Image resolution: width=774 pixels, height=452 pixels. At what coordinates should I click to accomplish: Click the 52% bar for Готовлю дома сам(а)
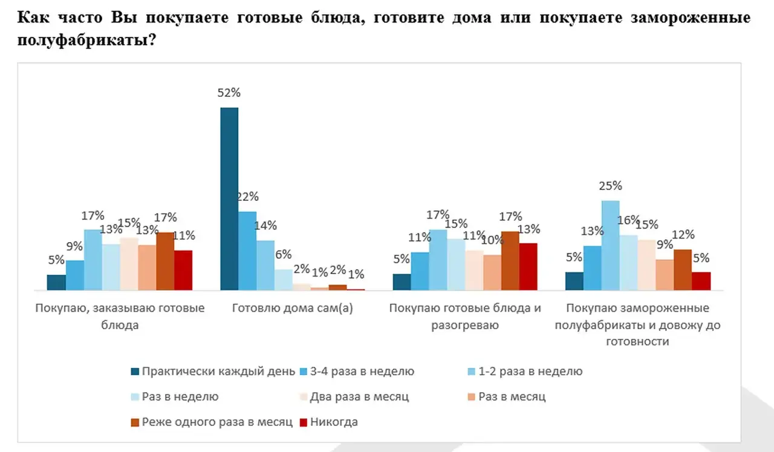229,200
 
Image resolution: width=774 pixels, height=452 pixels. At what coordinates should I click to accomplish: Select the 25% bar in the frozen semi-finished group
610,246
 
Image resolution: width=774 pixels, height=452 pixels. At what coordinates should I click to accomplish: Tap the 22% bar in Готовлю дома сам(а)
247,251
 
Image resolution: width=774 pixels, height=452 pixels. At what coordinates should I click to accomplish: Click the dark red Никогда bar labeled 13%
528,267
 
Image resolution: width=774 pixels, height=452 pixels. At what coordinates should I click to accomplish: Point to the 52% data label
229,93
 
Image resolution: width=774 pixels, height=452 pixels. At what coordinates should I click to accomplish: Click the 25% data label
610,186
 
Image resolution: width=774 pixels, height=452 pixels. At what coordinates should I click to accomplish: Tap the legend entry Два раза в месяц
360,397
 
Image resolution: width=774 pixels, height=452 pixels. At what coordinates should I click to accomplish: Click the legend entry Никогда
333,422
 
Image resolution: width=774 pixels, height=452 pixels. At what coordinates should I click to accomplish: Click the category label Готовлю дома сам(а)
292,309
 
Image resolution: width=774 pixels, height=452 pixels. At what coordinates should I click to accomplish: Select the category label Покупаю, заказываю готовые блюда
120,316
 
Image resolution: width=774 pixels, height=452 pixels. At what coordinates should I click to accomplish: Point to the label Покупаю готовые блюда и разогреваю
464,316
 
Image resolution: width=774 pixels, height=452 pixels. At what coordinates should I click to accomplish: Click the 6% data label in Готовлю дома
283,254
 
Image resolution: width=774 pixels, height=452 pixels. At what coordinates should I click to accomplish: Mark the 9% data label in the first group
74,246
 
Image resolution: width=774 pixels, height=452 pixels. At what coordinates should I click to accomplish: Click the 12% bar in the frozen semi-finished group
683,270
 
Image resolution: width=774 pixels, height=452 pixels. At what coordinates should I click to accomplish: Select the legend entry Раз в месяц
512,397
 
